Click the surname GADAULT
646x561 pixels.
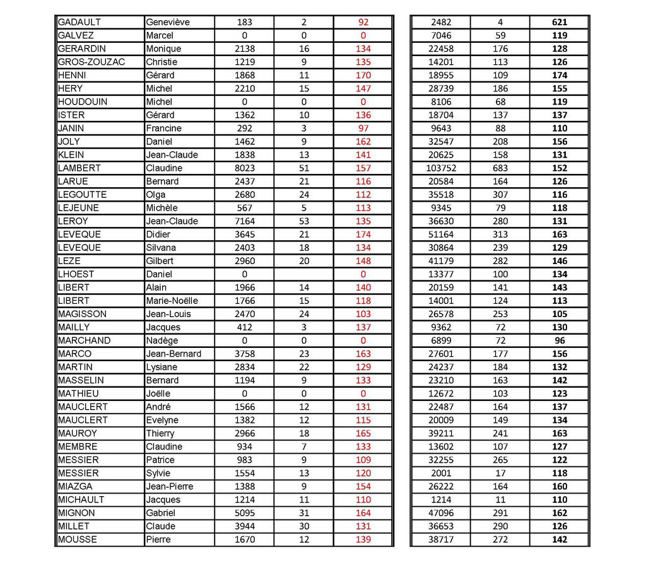(x=79, y=22)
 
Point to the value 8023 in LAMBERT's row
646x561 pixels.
(x=245, y=168)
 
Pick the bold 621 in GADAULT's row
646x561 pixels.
(x=559, y=22)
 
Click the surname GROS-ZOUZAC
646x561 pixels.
(x=91, y=62)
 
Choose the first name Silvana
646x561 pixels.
(x=161, y=247)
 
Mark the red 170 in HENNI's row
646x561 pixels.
(x=363, y=75)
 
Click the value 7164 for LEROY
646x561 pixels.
(x=245, y=221)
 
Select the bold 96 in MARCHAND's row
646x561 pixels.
(x=559, y=340)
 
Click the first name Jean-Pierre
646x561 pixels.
(x=170, y=486)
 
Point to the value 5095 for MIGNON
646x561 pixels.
(x=245, y=513)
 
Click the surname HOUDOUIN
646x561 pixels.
(x=83, y=101)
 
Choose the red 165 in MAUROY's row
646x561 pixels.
(x=363, y=433)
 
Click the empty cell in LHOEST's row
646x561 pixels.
(x=304, y=274)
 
